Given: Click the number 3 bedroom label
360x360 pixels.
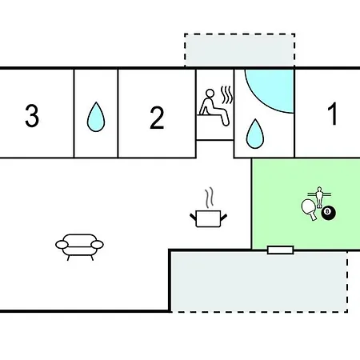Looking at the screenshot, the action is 32,116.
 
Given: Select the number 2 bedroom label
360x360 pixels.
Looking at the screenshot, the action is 157,118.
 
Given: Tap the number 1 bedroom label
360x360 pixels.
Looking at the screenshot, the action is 332,114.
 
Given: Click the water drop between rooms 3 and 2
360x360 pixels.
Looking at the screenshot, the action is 96,117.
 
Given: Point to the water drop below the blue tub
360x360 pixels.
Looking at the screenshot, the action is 255,134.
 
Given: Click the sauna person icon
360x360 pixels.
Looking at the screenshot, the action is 214,107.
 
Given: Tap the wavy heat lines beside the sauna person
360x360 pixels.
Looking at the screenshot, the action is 226,95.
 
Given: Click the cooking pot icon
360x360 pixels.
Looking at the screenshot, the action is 208,219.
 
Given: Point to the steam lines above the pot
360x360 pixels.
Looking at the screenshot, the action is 210,198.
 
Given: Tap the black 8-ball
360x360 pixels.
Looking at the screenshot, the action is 328,213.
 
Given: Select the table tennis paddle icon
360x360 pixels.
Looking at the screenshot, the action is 310,210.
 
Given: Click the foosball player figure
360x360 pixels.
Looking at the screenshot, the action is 319,198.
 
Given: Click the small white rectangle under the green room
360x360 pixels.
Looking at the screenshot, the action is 280,250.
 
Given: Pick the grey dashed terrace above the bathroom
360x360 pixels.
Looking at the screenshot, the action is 239,50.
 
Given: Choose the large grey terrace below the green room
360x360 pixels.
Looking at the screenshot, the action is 259,282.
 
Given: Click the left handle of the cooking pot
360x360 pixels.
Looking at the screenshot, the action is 193,217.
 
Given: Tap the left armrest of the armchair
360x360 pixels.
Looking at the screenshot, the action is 62,244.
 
